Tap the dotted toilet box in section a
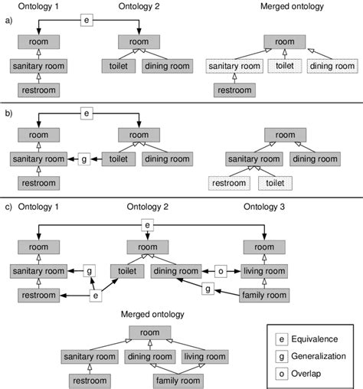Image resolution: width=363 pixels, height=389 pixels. coord(283,67)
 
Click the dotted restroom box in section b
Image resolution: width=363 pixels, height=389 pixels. coord(230,184)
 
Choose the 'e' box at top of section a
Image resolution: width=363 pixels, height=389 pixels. coord(87,21)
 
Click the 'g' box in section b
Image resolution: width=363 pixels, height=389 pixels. coord(85,159)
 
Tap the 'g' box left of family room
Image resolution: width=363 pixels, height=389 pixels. coord(206,289)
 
